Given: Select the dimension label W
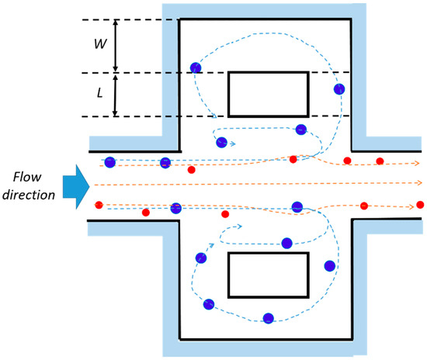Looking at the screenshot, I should pos(100,44).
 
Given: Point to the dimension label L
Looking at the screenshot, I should pos(99,94).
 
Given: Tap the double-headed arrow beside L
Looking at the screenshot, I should pos(116,95).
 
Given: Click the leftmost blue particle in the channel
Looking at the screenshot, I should pos(110,162).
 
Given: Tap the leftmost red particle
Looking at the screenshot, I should pos(99,205).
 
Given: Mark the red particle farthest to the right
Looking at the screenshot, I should pos(420,205).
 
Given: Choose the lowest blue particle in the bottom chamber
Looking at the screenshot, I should pos(268,318).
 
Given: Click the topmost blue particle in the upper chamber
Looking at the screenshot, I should pos(196,68).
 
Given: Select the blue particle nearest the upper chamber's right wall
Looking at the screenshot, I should pos(339,89).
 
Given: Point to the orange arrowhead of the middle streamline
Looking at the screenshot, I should pos(419,183).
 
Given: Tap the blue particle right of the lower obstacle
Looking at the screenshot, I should pos(330,266).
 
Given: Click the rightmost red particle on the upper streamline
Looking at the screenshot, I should pos(380,161).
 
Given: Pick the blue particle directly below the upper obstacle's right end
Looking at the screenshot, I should pos(300,130).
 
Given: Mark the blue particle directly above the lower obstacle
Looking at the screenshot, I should pos(286,243).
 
